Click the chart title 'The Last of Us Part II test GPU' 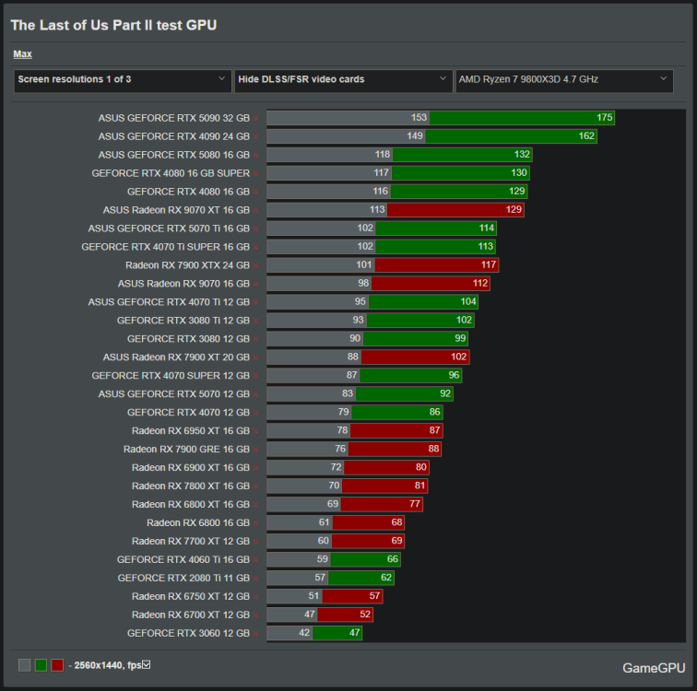(113, 25)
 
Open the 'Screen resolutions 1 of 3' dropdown (122, 80)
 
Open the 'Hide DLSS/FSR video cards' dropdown (342, 80)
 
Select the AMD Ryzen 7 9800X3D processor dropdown (563, 80)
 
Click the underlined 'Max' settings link (22, 54)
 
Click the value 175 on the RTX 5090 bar (604, 118)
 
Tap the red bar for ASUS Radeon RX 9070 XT (455, 210)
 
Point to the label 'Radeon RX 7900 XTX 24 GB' (187, 265)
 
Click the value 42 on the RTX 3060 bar (303, 633)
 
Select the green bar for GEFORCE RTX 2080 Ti (360, 578)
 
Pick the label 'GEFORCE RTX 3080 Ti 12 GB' (183, 321)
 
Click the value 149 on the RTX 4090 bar (414, 136)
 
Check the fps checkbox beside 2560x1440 (146, 665)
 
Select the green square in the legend (41, 665)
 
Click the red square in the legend (57, 665)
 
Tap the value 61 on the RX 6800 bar (322, 522)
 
